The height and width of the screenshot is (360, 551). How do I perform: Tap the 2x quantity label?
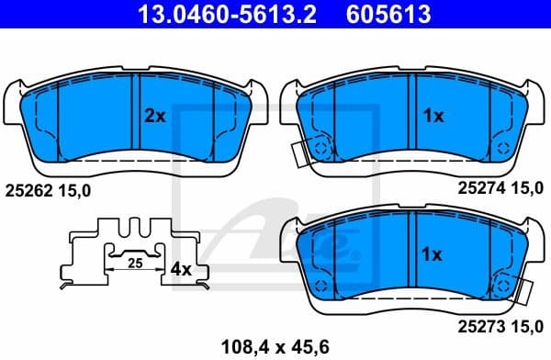coord(154,116)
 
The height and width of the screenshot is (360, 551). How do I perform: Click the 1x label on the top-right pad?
coord(433,116)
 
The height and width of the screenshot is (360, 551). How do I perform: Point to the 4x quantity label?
coord(181,270)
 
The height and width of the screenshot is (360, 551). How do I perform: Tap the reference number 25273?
coord(478,325)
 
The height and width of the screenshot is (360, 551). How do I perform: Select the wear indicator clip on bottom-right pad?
coord(526,291)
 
